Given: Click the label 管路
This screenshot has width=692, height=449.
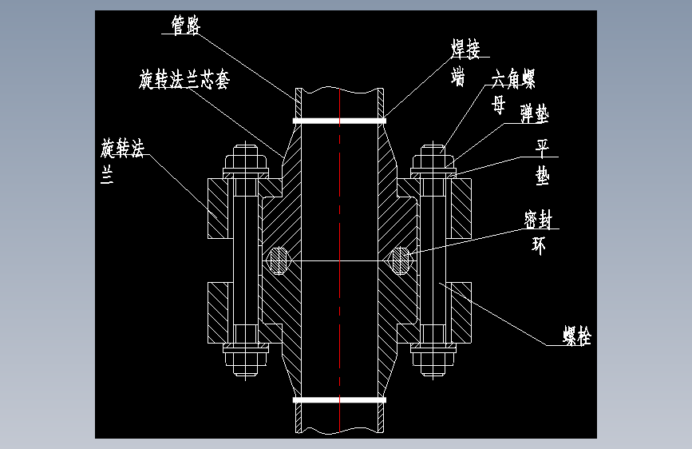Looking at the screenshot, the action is click(x=186, y=26).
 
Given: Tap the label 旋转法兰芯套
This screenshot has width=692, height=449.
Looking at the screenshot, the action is click(x=184, y=80).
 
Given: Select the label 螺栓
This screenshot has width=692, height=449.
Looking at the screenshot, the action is click(x=577, y=336).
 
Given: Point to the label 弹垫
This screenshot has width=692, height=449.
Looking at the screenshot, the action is click(x=535, y=113).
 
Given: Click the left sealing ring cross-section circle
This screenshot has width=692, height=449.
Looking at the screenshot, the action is click(x=278, y=260).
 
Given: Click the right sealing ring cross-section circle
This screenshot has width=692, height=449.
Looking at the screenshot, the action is click(x=401, y=260).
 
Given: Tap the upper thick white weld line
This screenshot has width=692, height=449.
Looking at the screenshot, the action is click(x=339, y=121).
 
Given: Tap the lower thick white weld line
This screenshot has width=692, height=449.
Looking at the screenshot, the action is click(x=339, y=400).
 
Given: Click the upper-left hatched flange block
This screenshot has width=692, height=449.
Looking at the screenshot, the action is click(x=218, y=209).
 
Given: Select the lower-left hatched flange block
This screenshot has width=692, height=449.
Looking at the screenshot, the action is click(x=218, y=313).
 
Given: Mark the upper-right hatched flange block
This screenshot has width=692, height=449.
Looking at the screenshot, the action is click(x=461, y=209).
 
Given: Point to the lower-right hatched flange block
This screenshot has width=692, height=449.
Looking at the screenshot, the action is click(x=461, y=313).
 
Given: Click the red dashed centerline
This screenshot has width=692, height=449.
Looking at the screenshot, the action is click(x=339, y=260).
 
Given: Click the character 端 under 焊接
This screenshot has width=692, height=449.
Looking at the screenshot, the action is click(x=457, y=77).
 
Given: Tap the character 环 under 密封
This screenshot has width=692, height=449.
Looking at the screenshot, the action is click(x=539, y=246).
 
